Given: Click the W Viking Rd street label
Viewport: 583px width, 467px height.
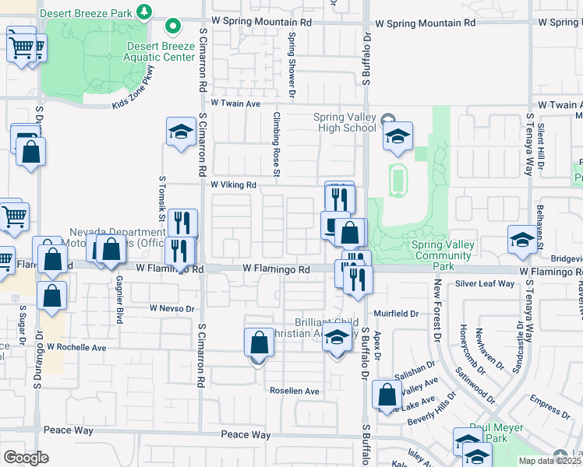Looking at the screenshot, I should tap(233, 185).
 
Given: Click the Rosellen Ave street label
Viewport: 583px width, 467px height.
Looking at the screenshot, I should tap(295, 391).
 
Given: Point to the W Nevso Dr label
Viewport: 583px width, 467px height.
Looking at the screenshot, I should tap(171, 309).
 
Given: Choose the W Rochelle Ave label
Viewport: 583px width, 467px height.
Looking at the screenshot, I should tap(76, 347).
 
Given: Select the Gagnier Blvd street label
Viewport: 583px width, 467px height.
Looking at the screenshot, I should tap(119, 293).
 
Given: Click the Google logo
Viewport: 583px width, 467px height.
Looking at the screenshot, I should tap(26, 458).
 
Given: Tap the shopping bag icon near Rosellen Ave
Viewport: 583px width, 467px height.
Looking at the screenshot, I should tap(259, 343).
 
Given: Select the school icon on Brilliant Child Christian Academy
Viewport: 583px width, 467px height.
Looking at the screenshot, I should tap(337, 339).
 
